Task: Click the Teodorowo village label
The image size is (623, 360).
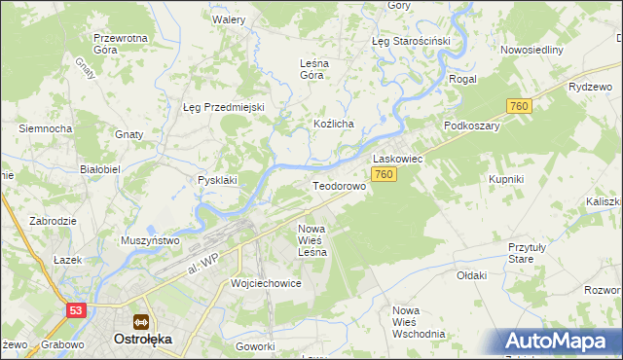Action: click(x=338, y=185)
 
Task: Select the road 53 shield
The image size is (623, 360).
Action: click(x=76, y=309)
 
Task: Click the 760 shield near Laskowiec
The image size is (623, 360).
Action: click(x=384, y=174)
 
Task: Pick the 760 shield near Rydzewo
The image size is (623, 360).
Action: click(x=518, y=105)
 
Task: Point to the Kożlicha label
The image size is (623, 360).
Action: click(x=333, y=124)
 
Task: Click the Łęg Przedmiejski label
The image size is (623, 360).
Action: click(x=224, y=107)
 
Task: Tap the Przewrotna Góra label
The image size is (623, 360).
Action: click(x=120, y=44)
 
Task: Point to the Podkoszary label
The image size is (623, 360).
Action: click(x=471, y=126)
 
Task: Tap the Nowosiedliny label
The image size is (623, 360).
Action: click(x=531, y=50)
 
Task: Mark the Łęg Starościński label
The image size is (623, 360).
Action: click(x=410, y=42)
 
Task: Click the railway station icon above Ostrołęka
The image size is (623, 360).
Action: click(x=142, y=321)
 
